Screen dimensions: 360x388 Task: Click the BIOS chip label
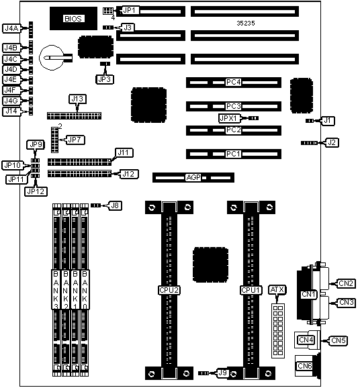73,19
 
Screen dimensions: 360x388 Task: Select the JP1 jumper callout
130,10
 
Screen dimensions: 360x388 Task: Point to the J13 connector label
77,99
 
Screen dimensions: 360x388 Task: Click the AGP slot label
193,177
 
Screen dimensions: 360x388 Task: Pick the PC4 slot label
233,82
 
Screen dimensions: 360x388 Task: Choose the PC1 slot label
233,154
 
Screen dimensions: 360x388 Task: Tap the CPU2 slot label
169,290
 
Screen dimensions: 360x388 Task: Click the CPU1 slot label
251,290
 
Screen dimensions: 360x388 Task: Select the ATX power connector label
277,290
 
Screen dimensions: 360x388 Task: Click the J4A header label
11,28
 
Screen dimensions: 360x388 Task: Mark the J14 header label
11,111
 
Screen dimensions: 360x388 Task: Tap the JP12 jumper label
36,191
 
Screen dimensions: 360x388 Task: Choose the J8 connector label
115,205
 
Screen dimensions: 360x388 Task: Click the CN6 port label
304,366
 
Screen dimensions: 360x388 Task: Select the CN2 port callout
346,283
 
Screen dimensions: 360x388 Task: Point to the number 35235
246,23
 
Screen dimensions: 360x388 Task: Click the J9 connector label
222,373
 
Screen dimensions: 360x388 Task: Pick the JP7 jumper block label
75,140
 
